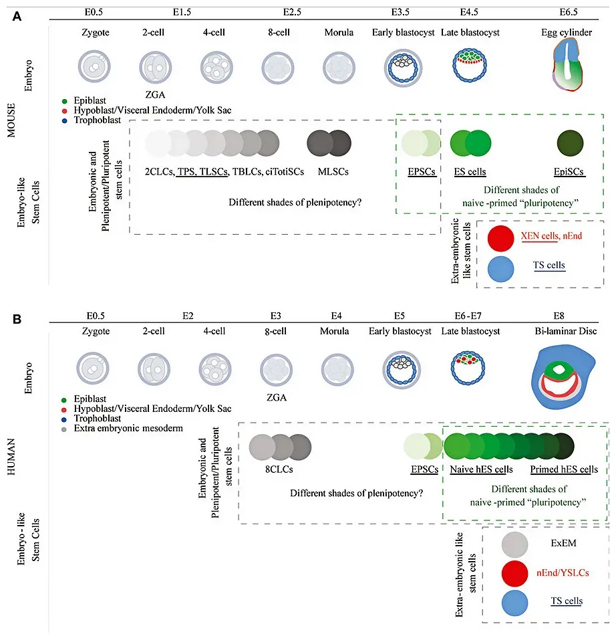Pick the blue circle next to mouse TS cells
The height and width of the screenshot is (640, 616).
pos(500,268)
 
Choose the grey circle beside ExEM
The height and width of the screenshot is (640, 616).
pos(515,544)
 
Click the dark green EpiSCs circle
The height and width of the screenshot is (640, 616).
pos(569,143)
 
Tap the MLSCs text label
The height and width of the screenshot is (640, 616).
pos(329,172)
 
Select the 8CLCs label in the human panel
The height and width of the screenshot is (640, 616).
pos(280,469)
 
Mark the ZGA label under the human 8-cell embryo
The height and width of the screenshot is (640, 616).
pos(277,397)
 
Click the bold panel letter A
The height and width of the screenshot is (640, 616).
pos(17,15)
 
